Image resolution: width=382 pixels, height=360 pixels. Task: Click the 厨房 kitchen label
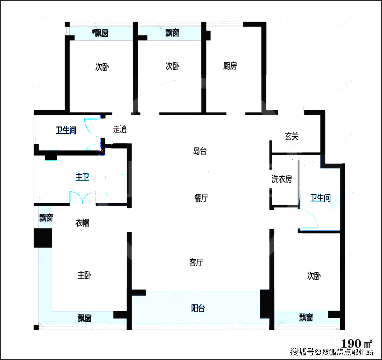tap(230, 66)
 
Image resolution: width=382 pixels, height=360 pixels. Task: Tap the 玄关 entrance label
tap(291, 136)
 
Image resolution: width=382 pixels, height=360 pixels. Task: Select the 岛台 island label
tap(200, 151)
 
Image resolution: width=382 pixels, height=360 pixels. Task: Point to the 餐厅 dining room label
tap(201, 198)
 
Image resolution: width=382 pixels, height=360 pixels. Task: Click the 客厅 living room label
tap(196, 262)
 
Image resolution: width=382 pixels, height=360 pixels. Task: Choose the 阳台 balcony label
tap(198, 308)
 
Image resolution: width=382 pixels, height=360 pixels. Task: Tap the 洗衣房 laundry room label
tap(282, 179)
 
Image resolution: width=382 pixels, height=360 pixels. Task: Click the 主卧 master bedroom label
tap(84, 275)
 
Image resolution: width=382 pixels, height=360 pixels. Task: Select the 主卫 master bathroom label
tap(82, 177)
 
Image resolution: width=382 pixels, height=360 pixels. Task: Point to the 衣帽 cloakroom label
tap(82, 223)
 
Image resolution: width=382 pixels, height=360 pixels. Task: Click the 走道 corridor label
tap(120, 129)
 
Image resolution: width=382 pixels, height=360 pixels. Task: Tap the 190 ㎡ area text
tap(357, 343)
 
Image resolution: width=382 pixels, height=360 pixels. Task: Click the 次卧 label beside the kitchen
tap(172, 66)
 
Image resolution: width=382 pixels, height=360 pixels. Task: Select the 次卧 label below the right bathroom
tap(314, 276)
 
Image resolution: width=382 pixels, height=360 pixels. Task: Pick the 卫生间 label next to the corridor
tap(66, 130)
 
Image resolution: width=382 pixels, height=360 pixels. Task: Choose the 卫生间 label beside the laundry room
tap(320, 198)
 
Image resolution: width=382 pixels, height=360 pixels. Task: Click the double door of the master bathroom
tap(82, 197)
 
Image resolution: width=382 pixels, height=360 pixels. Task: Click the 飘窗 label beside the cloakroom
tap(46, 218)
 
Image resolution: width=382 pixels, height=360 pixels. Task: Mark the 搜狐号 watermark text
tap(302, 352)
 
